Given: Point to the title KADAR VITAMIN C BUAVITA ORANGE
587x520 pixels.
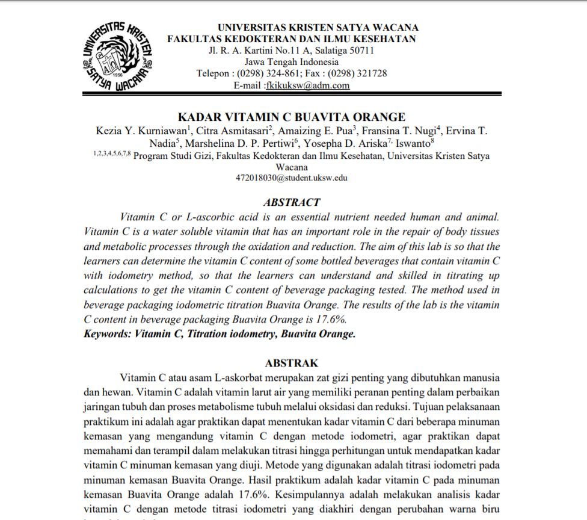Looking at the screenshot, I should pyautogui.click(x=292, y=117).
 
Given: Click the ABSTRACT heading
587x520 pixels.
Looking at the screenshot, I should pyautogui.click(x=292, y=202).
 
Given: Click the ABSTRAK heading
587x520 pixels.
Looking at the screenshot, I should pyautogui.click(x=292, y=363).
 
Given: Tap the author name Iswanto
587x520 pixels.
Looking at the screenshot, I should pyautogui.click(x=411, y=144).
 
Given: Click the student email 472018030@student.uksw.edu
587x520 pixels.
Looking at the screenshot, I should pyautogui.click(x=292, y=178).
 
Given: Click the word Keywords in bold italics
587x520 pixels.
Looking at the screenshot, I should pyautogui.click(x=108, y=333).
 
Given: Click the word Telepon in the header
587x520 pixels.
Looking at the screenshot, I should pyautogui.click(x=213, y=73).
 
